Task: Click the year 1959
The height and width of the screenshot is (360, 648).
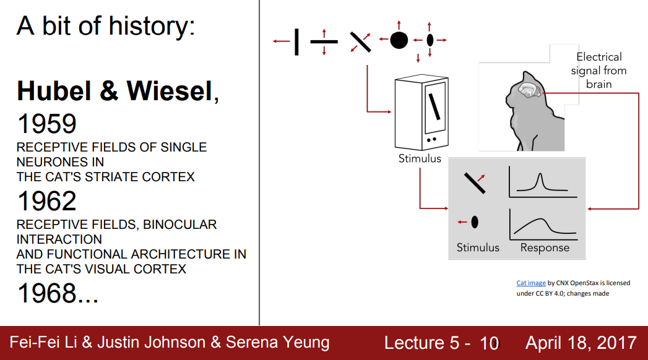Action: tap(46, 124)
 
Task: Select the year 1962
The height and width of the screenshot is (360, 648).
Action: tap(46, 201)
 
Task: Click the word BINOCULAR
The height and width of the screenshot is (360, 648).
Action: tap(180, 224)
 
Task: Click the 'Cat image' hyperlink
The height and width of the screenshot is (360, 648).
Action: tap(531, 283)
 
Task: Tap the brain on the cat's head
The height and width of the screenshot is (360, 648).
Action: tap(529, 92)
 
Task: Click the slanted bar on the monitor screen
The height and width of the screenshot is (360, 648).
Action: tap(435, 105)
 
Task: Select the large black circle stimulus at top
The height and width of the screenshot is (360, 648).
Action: tap(399, 40)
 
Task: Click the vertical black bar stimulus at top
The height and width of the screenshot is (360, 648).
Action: tap(296, 41)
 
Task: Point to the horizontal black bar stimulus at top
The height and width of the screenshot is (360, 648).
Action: tap(324, 41)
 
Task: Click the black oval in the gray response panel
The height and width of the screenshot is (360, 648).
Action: tap(475, 221)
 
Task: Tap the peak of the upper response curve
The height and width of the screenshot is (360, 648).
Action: tap(540, 177)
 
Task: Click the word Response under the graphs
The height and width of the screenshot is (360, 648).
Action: tap(545, 247)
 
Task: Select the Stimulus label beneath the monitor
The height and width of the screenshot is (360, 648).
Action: tap(420, 158)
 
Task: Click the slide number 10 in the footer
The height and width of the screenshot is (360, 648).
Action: tap(489, 343)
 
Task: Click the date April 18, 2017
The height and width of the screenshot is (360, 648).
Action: tap(581, 343)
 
